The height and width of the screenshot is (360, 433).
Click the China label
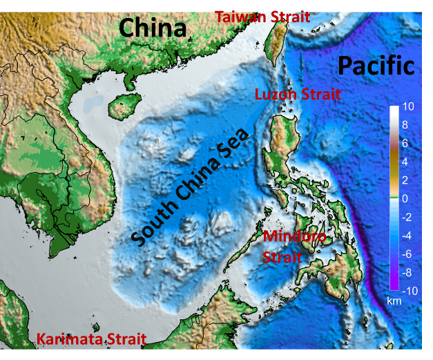[x=153, y=28]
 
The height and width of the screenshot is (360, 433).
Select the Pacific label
[x=376, y=66]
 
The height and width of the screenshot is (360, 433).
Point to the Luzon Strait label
[x=298, y=95]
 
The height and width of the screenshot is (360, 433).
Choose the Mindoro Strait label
[x=289, y=247]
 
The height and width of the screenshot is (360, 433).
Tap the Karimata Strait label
[x=91, y=339]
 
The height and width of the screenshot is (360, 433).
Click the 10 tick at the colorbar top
[x=407, y=108]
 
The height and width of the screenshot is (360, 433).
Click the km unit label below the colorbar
[x=394, y=301]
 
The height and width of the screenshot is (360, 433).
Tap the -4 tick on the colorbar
[x=407, y=236]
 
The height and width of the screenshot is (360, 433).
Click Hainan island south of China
[x=122, y=106]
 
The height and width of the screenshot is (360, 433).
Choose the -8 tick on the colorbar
[x=407, y=272]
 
